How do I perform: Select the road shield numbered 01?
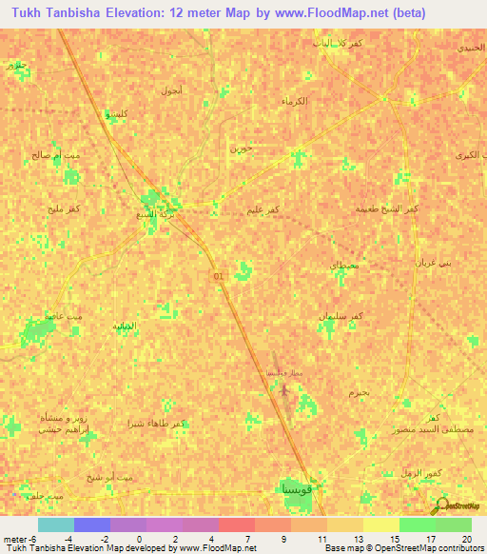pos(219,276)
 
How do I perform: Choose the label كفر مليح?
pos(62,207)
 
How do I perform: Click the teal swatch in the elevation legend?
pos(55,525)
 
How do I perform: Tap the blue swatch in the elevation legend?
pos(91,525)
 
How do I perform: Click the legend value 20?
pos(466,539)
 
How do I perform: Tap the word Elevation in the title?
pos(126,13)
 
